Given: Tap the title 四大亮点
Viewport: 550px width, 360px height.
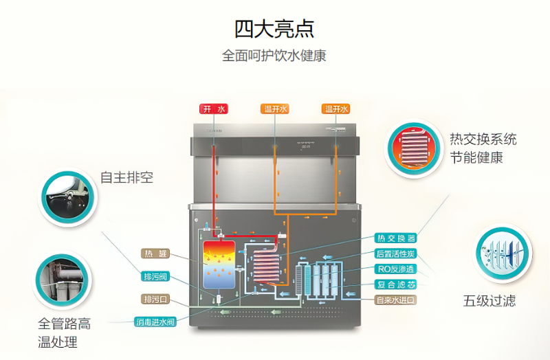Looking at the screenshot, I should (x=274, y=29).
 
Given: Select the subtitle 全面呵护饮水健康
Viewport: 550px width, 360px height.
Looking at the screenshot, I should (x=274, y=56).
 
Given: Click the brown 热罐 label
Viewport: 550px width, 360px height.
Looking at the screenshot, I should (x=155, y=254).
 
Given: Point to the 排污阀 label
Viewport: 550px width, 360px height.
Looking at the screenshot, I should (x=155, y=277).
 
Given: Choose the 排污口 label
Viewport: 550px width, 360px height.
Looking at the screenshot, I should (x=155, y=300).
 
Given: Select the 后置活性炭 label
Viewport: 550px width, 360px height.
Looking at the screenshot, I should (x=396, y=254).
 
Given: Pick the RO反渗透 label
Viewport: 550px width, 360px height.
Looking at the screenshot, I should (x=396, y=269).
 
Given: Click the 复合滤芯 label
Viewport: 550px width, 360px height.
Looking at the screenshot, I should (x=396, y=284).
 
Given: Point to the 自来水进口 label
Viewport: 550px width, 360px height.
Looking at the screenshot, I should (x=396, y=300).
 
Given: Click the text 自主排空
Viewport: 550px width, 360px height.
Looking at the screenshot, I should (x=126, y=177).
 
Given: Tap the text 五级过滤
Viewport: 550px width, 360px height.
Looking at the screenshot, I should (x=489, y=300).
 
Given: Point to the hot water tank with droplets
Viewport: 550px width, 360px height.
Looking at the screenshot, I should (x=219, y=264).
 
